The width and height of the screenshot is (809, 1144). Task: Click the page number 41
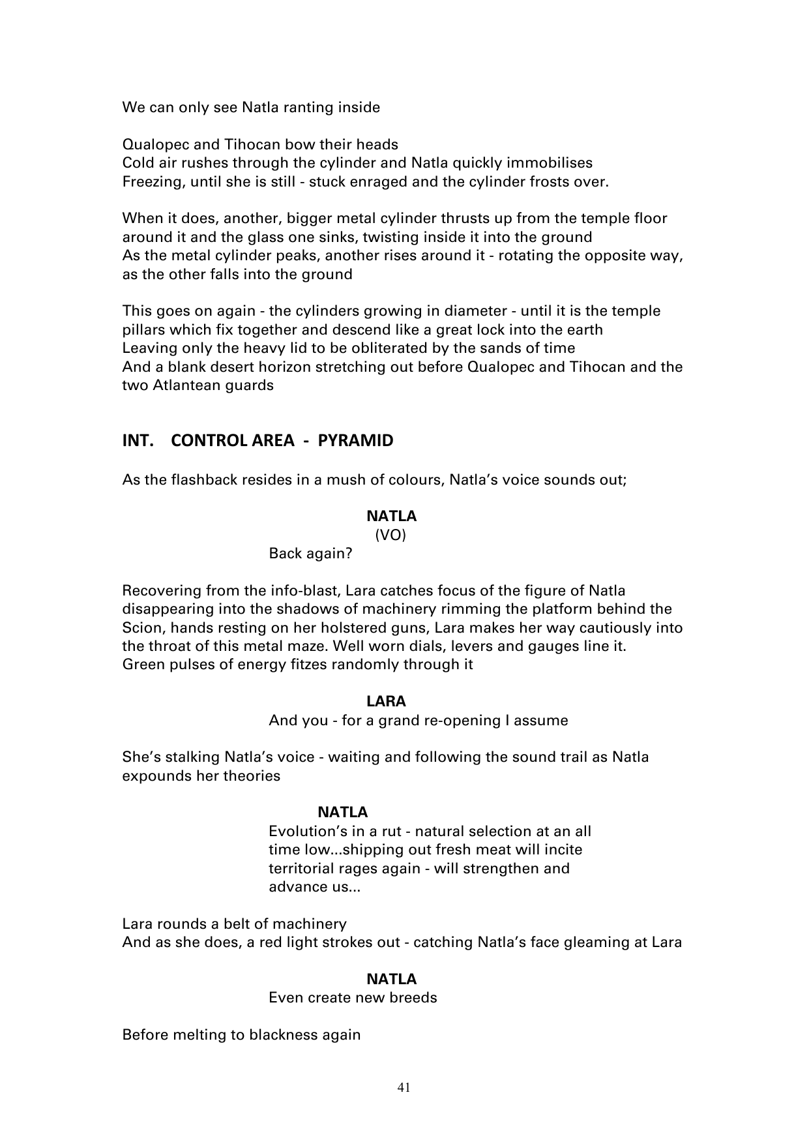[404, 1087]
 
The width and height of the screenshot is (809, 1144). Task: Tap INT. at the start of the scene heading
[138, 441]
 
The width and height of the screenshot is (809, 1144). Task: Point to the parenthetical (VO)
[390, 535]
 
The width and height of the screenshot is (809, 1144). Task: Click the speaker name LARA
[386, 702]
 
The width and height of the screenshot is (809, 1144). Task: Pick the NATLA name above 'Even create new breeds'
[391, 979]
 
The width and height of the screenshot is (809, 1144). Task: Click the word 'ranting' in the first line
[290, 107]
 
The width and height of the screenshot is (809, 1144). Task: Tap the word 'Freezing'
[153, 181]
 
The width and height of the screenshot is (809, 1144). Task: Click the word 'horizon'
[284, 367]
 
